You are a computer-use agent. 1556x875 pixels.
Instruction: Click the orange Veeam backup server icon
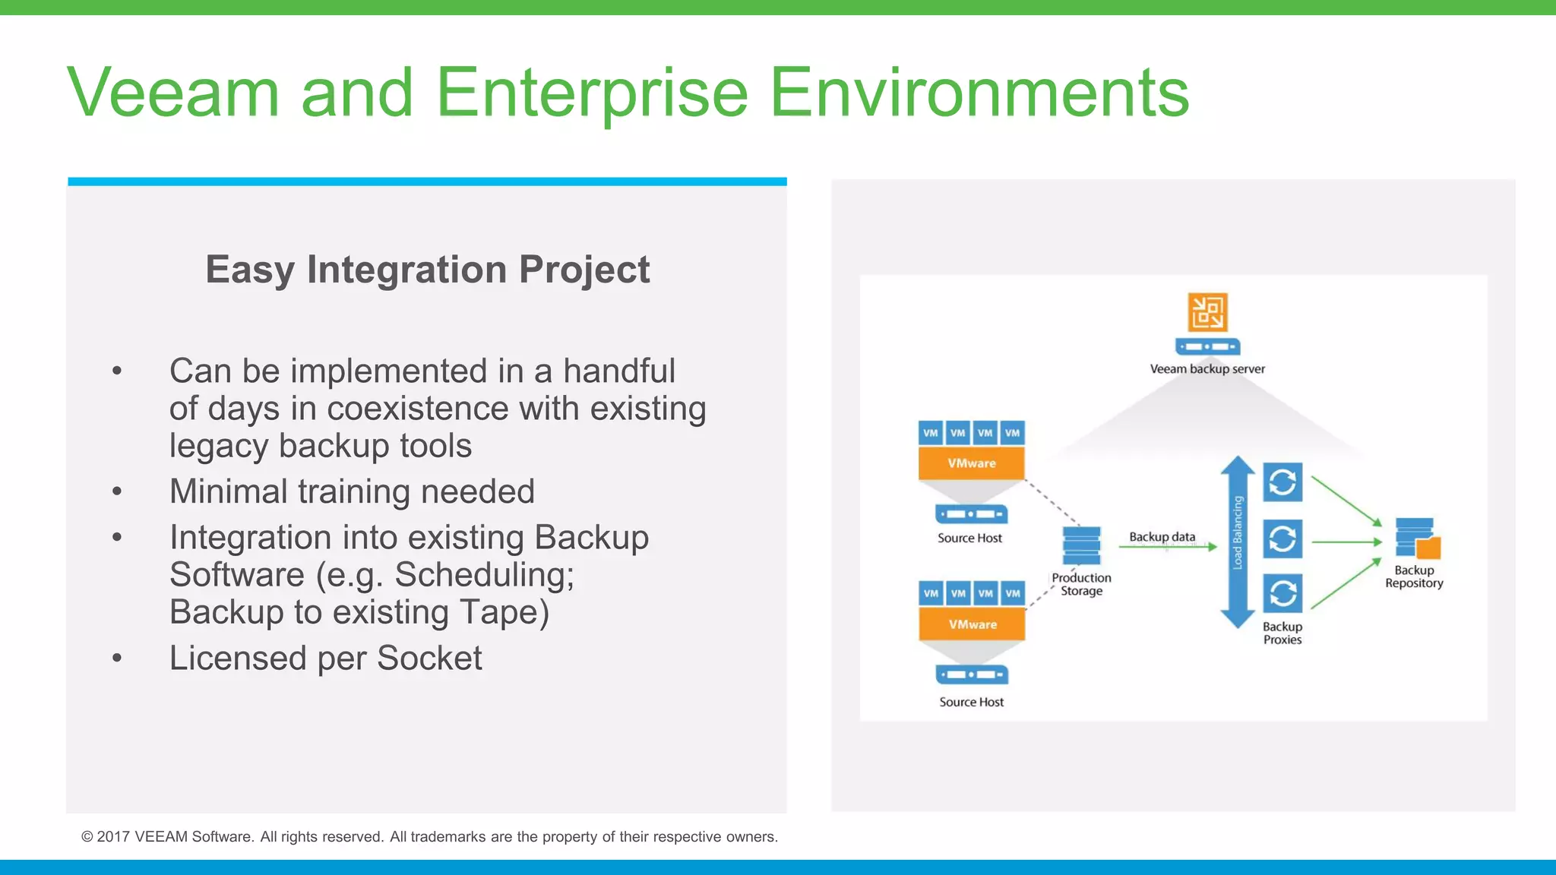coord(1207,312)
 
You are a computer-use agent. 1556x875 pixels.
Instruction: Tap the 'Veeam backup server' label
coord(1207,369)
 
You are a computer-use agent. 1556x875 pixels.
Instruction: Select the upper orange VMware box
coord(971,463)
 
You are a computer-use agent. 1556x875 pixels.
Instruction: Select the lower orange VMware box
coord(972,624)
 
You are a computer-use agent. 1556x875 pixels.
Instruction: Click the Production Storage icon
coord(1081,545)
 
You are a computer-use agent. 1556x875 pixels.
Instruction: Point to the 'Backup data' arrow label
coord(1162,537)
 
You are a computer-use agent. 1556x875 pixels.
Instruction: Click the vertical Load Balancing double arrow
coord(1238,542)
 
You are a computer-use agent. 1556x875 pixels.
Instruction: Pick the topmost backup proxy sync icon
coord(1282,482)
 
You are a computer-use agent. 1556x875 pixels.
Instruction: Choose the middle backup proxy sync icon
coord(1282,539)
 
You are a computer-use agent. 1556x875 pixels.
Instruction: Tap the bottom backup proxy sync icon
coord(1282,593)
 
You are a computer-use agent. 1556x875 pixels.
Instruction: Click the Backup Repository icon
coord(1417,539)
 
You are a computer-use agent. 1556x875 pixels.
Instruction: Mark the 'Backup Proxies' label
coord(1282,633)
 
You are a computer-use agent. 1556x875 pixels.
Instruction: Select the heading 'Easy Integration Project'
coord(427,270)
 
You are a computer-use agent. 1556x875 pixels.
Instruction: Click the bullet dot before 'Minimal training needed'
coord(117,491)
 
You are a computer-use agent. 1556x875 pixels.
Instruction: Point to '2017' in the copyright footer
coord(113,837)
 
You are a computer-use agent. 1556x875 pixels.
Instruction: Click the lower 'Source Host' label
coord(971,703)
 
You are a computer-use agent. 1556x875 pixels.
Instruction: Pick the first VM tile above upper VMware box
coord(931,433)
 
